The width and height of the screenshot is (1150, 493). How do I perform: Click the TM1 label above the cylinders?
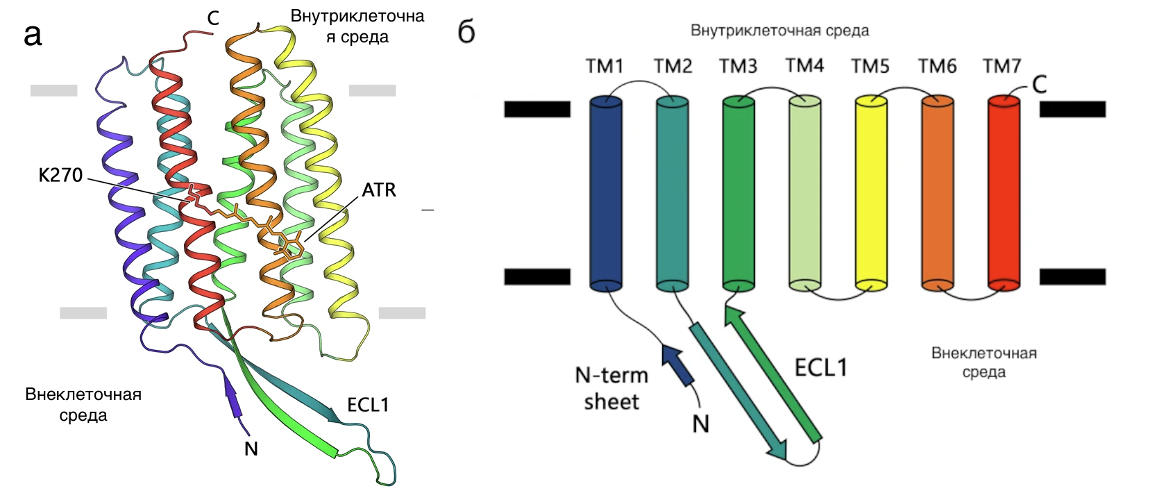(604, 67)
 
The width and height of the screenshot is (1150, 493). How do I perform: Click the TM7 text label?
(1001, 67)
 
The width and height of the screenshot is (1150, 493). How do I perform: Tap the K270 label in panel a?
(60, 175)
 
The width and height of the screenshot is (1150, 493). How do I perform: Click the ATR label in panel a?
(379, 190)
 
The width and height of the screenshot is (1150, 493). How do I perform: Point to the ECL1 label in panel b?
(820, 367)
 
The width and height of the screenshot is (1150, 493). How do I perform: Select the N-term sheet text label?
(611, 388)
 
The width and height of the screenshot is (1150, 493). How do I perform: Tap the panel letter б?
(466, 32)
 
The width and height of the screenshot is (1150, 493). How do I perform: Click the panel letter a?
(33, 35)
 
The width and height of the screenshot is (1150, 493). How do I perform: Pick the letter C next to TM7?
(1039, 85)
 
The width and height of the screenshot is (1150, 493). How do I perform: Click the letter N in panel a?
(251, 449)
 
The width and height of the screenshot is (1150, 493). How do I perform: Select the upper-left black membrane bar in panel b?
(537, 109)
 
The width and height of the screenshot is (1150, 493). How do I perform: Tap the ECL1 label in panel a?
(368, 405)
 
